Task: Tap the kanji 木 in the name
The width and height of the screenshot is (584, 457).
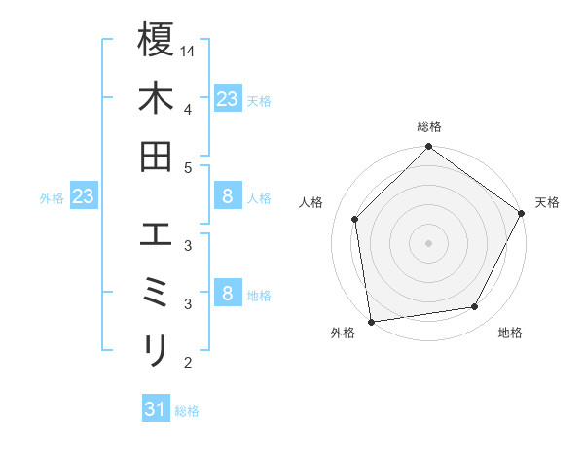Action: (156, 98)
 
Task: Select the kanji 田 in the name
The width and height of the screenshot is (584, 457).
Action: (156, 157)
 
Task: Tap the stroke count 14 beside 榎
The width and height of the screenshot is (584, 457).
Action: (188, 50)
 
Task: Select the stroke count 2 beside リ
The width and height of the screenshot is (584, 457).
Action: (188, 364)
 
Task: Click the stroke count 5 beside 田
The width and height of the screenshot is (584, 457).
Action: (188, 167)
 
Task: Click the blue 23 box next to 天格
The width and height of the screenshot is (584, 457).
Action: (227, 98)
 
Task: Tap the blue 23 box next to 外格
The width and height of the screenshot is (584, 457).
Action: (83, 196)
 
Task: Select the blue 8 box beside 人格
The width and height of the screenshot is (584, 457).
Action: (227, 196)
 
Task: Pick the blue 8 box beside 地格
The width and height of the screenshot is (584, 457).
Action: (227, 294)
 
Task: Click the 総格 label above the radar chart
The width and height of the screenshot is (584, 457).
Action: (428, 127)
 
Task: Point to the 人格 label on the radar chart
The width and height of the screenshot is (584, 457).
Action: (311, 202)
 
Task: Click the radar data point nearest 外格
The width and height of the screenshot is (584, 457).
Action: (371, 321)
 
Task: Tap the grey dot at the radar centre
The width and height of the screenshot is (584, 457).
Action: (428, 242)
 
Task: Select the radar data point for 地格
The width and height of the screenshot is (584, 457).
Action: (475, 307)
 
